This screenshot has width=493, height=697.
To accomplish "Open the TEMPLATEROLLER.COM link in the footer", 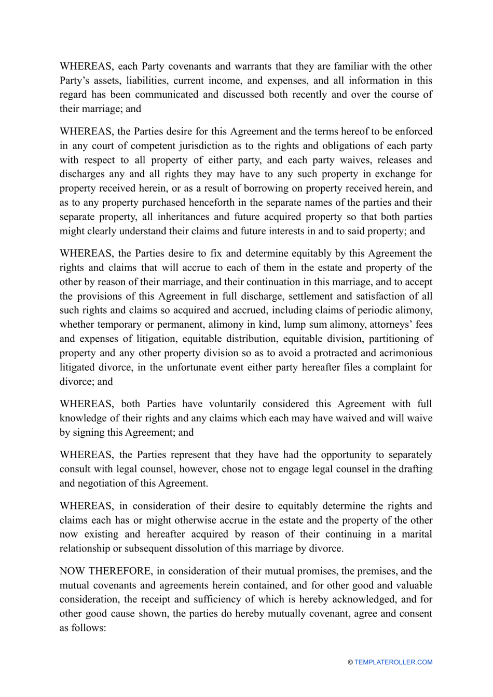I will click(393, 662).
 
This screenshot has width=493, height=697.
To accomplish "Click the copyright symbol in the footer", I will click(350, 662).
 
